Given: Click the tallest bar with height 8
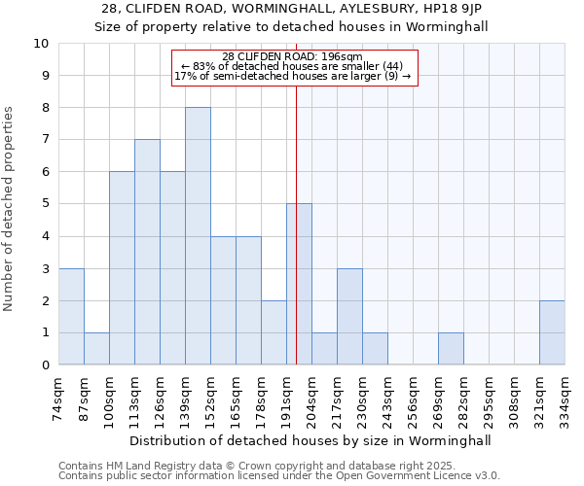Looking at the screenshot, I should (198, 236).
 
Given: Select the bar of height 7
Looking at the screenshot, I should (147, 253).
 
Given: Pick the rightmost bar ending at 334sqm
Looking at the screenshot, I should (552, 332).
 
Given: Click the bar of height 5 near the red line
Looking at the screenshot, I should (299, 285).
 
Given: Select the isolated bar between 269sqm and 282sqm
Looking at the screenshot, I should (451, 349).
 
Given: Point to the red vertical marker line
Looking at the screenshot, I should (296, 243).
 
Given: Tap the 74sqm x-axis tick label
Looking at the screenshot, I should (58, 397).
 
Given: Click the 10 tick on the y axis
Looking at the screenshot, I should (41, 44).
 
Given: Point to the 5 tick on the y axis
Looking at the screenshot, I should (45, 204).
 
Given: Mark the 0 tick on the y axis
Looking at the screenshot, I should (45, 365).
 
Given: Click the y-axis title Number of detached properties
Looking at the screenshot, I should (10, 209).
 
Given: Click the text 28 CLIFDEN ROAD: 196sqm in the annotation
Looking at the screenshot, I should (292, 56).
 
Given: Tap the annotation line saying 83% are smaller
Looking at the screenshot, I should (292, 66).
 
